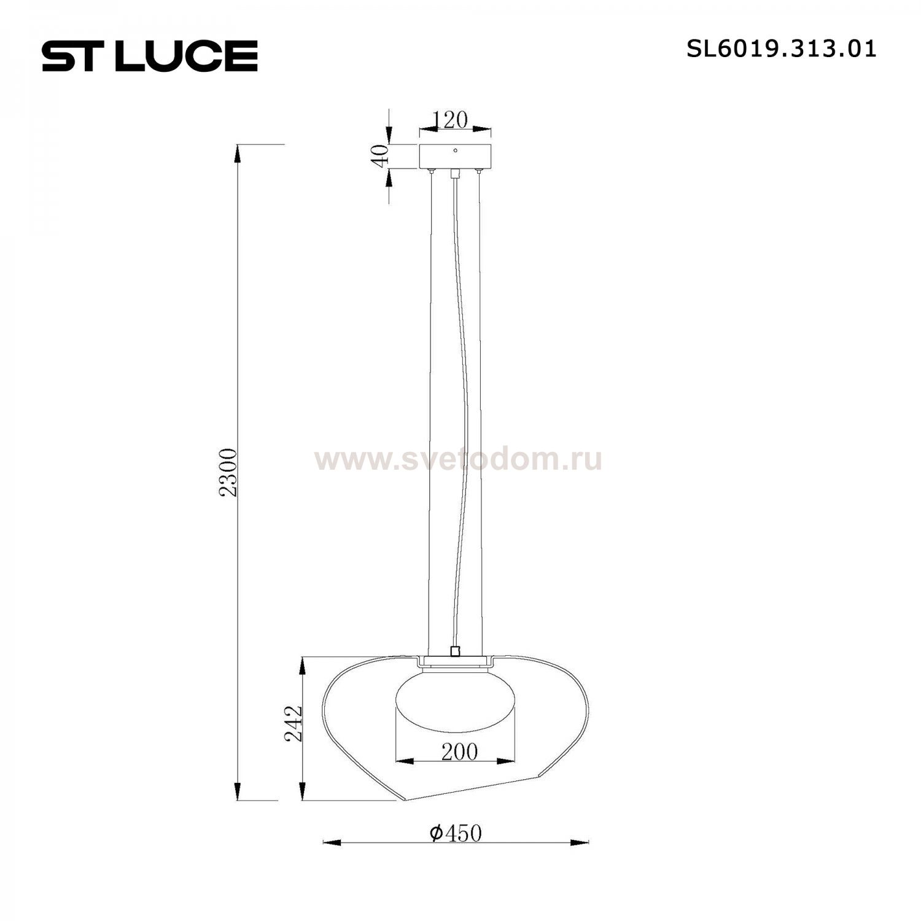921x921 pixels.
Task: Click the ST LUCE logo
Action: pos(149,56)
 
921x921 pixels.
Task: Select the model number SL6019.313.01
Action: pos(781,49)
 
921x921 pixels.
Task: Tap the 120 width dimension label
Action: pos(451,120)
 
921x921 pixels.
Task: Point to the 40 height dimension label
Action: pos(381,156)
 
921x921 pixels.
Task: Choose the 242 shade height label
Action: pos(294,723)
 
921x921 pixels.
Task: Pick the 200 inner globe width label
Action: pos(459,752)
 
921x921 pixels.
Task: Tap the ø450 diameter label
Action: pos(456,833)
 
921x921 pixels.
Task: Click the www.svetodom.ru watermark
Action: pos(458,459)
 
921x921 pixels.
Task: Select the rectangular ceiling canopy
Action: pos(455,157)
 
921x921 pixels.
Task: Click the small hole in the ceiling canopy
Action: pos(455,150)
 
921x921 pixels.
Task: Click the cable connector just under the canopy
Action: pos(455,174)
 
